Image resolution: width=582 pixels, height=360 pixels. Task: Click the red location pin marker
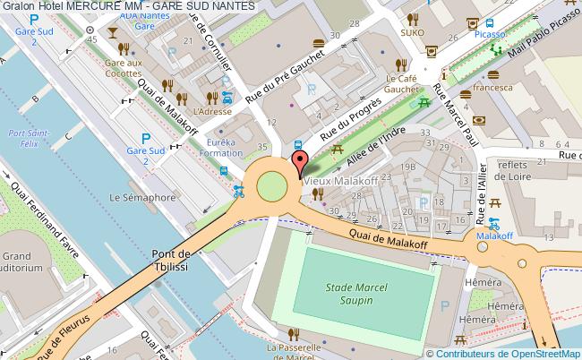point(299,164)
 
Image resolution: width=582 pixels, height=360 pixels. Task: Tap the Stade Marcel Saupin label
point(344,293)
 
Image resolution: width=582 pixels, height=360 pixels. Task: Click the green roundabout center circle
point(272,187)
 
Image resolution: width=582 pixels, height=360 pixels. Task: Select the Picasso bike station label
point(490,33)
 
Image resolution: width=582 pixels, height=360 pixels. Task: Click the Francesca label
point(494,88)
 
